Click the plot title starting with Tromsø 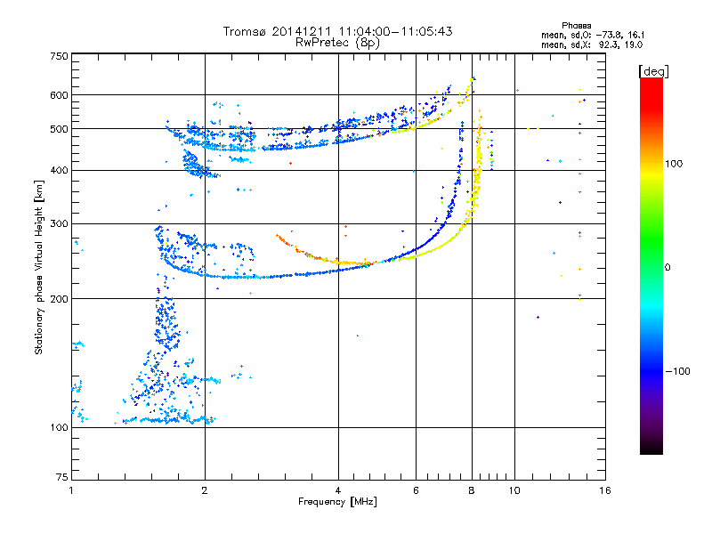pyautogui.click(x=337, y=31)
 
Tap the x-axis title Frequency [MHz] pyautogui.click(x=337, y=502)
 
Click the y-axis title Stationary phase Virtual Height pyautogui.click(x=39, y=267)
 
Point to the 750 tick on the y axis pyautogui.click(x=59, y=56)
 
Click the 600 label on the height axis pyautogui.click(x=59, y=95)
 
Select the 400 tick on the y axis pyautogui.click(x=59, y=171)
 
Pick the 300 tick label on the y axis pyautogui.click(x=59, y=224)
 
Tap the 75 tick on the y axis pyautogui.click(x=61, y=477)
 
